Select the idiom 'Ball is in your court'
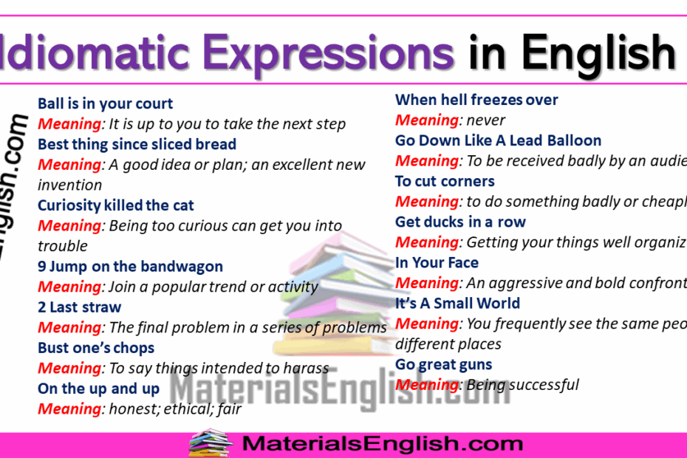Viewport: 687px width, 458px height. tap(106, 103)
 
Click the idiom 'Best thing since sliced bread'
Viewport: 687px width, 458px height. tap(137, 144)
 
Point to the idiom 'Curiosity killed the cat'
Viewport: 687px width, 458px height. tap(116, 205)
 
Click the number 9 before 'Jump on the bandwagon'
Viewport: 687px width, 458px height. tap(42, 267)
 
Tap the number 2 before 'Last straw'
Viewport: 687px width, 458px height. tap(42, 307)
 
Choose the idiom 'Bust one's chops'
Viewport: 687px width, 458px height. tap(96, 348)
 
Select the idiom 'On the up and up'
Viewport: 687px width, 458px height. tap(98, 389)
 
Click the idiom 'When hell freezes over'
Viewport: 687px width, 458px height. tap(476, 100)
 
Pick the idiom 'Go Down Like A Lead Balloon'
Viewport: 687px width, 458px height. tap(498, 140)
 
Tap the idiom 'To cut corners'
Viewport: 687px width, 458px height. tap(445, 181)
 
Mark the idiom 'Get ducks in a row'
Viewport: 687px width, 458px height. tap(460, 222)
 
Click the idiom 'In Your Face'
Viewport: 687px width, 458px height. tap(437, 262)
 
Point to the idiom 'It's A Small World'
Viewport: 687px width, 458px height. tap(457, 303)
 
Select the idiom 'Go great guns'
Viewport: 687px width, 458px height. tap(443, 364)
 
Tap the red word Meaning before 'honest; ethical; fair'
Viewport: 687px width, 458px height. tap(69, 409)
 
